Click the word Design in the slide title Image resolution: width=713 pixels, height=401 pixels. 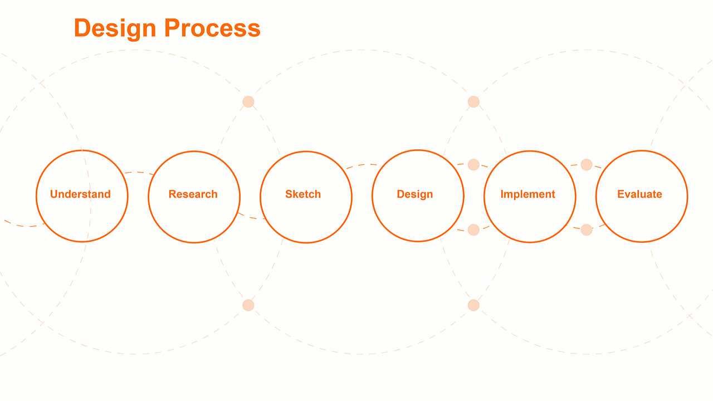coord(115,28)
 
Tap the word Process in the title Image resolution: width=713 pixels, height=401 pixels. coord(212,28)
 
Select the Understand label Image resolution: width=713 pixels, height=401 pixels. coord(80,194)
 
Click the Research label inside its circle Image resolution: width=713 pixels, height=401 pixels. coord(193,194)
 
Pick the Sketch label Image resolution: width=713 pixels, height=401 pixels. coord(303,194)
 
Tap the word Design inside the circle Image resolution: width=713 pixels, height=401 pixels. coord(415,194)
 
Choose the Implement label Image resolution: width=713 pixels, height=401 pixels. coord(528,194)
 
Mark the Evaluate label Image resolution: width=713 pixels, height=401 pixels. coord(639,194)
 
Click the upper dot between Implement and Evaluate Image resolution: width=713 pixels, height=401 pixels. coord(587,165)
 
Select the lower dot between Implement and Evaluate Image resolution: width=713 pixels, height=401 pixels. coord(587,230)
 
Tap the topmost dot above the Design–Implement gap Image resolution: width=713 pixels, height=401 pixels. coord(473,102)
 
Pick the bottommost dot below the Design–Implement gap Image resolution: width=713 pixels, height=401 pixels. coord(473,305)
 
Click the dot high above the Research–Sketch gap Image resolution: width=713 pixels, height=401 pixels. coord(248,102)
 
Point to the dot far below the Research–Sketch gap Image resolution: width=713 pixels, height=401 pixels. coord(248,305)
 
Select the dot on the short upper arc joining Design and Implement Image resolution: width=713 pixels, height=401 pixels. coord(473,165)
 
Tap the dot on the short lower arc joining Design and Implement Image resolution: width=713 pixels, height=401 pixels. coord(473,230)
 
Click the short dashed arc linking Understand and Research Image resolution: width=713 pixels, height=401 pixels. coord(138,173)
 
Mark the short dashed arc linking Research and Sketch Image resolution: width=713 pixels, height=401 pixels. coord(251,217)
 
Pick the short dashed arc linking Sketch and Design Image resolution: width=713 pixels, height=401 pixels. coord(362,165)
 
